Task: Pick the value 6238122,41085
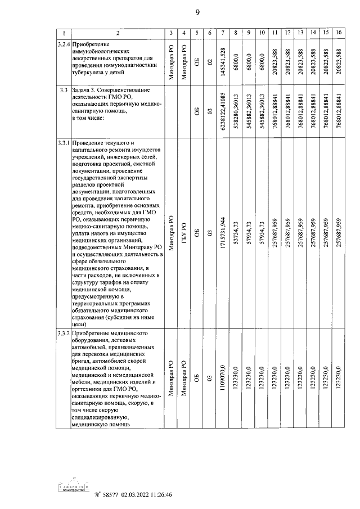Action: click(224, 111)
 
